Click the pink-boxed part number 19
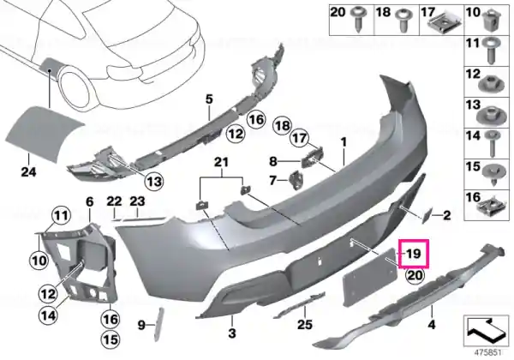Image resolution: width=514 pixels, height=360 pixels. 414,254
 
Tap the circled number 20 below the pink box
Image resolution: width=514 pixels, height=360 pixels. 415,275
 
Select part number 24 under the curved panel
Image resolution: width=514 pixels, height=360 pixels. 28,171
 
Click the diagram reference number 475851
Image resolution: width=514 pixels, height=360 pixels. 487,353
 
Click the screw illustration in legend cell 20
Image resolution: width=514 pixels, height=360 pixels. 357,19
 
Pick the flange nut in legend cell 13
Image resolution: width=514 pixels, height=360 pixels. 490,115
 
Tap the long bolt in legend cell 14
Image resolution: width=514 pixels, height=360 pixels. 492,143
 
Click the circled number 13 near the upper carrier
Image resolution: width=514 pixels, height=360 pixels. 154,180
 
